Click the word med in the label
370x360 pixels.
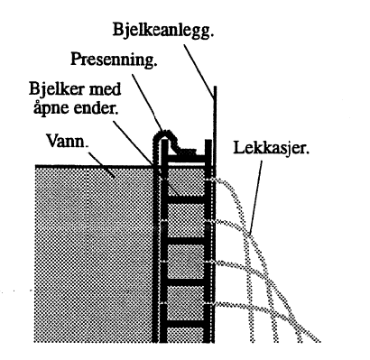pyautogui.click(x=131, y=93)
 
